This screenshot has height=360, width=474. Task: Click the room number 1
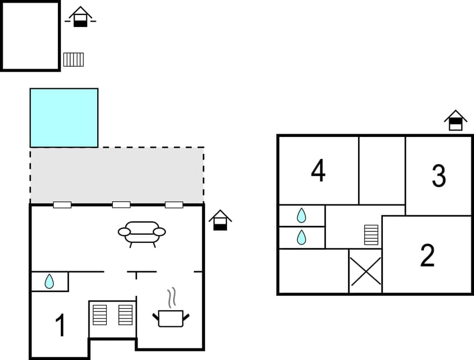(x=61, y=325)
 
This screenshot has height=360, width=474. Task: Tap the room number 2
(x=427, y=256)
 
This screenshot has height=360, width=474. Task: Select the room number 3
(x=439, y=176)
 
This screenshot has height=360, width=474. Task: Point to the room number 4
(x=318, y=171)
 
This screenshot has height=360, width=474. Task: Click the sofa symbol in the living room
(x=142, y=233)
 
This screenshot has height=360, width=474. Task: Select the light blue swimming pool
(x=64, y=118)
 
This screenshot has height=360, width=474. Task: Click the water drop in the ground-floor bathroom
(x=49, y=282)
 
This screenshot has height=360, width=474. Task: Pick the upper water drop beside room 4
(x=301, y=215)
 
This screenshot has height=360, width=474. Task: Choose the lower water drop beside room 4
(x=301, y=237)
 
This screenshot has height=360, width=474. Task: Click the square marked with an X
(x=366, y=271)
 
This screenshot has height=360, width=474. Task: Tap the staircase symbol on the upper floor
(x=371, y=235)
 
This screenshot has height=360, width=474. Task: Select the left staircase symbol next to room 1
(x=100, y=315)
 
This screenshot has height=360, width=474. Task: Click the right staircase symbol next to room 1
(x=125, y=315)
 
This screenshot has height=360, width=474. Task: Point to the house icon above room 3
(x=456, y=120)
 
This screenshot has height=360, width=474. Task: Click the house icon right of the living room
(x=220, y=220)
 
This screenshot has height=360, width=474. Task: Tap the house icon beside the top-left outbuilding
(x=81, y=17)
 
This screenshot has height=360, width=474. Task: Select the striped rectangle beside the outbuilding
(x=73, y=59)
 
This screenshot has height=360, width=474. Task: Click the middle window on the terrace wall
(x=121, y=205)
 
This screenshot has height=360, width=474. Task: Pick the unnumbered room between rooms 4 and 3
(x=382, y=170)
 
